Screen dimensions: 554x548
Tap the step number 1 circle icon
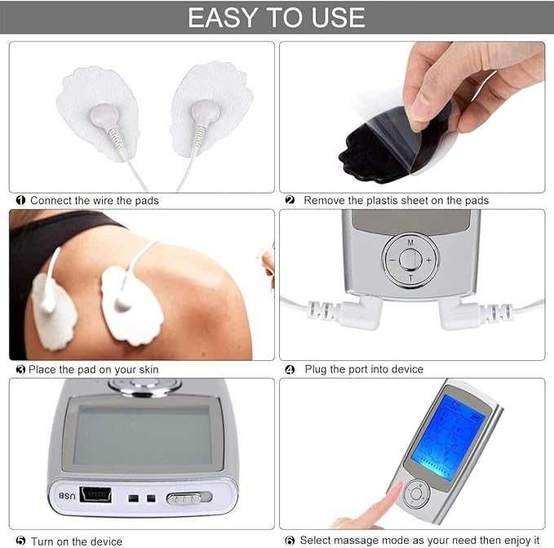20,200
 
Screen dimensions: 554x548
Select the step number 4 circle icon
290,370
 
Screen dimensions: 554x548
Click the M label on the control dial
410,243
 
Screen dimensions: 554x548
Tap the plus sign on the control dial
429,260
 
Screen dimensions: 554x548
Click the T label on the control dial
410,278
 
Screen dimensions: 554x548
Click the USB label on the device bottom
67,496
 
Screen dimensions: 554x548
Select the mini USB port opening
95,494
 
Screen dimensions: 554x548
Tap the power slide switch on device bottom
189,498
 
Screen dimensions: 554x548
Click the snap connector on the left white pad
105,116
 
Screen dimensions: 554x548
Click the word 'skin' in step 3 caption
148,370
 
